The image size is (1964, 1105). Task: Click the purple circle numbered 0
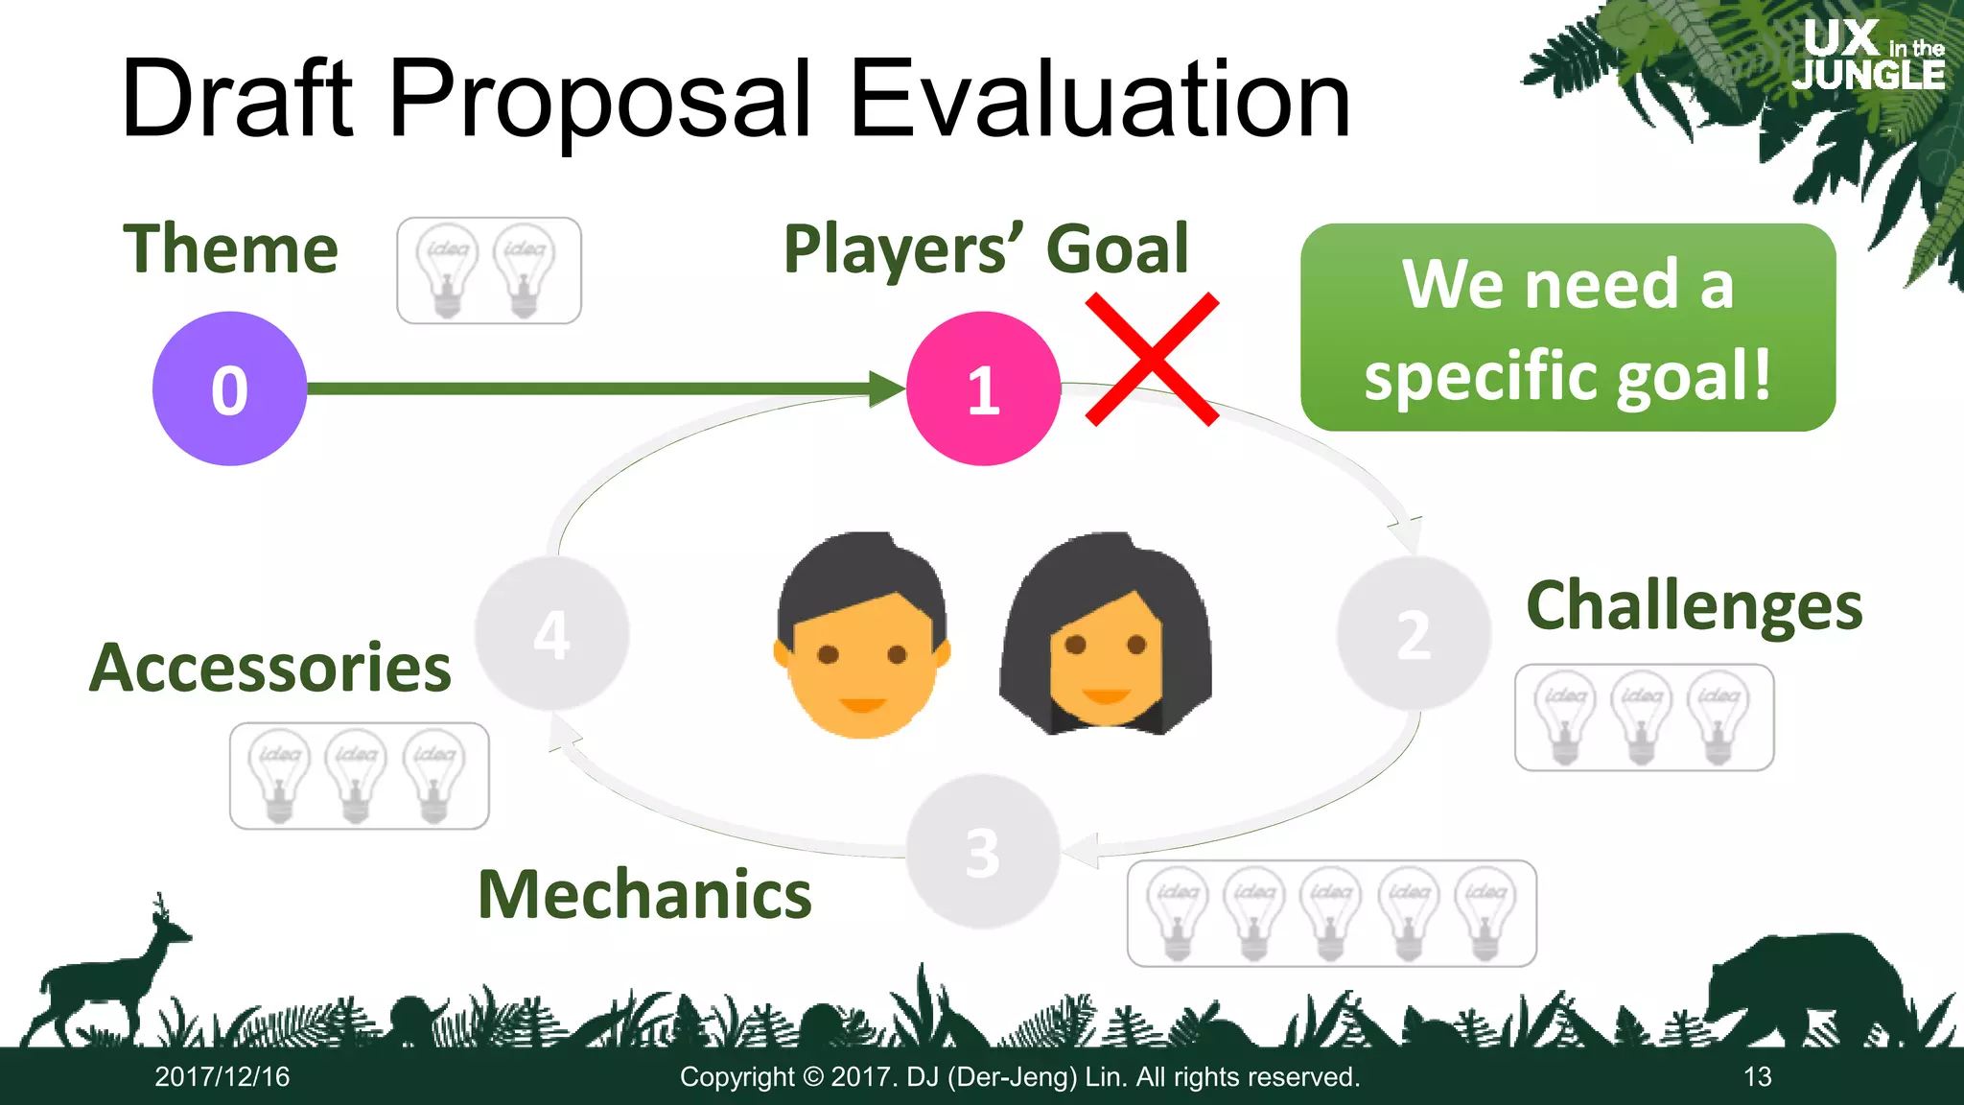pyautogui.click(x=229, y=388)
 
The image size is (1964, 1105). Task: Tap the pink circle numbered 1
pyautogui.click(x=983, y=388)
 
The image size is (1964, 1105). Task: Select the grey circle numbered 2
pyautogui.click(x=1414, y=633)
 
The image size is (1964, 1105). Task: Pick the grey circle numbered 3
pyautogui.click(x=983, y=852)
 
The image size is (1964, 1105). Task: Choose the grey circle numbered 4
pyautogui.click(x=551, y=633)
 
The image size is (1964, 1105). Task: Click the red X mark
pyautogui.click(x=1152, y=359)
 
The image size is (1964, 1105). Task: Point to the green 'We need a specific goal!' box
pyautogui.click(x=1567, y=327)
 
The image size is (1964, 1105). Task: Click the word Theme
pyautogui.click(x=231, y=249)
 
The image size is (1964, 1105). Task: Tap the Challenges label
pyautogui.click(x=1694, y=606)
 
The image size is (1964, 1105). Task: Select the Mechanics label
pyautogui.click(x=644, y=894)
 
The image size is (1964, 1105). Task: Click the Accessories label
pyautogui.click(x=270, y=668)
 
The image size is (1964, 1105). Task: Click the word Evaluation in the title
pyautogui.click(x=1100, y=98)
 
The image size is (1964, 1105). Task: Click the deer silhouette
pyautogui.click(x=105, y=978)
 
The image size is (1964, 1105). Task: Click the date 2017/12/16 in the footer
pyautogui.click(x=222, y=1077)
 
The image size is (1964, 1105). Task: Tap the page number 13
pyautogui.click(x=1757, y=1077)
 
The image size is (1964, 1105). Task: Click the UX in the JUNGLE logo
pyautogui.click(x=1870, y=56)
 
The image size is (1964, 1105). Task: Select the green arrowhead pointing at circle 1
pyautogui.click(x=887, y=388)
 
